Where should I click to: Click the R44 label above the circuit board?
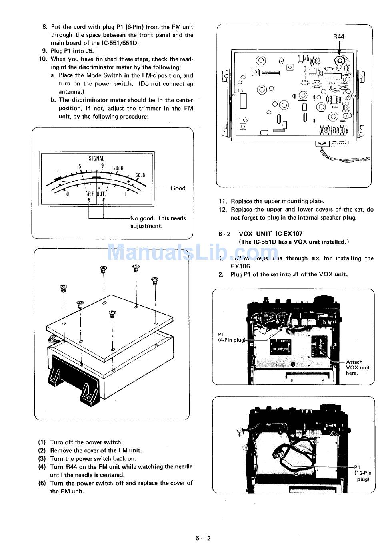(338, 36)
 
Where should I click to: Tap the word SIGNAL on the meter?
(96, 159)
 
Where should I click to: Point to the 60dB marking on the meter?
(140, 175)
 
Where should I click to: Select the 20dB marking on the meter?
(118, 168)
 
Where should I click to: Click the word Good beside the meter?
(178, 188)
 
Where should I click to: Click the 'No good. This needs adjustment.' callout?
(158, 222)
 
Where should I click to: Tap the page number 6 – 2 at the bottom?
(203, 538)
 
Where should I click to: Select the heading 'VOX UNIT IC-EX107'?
(270, 234)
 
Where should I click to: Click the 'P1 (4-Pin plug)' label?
(231, 337)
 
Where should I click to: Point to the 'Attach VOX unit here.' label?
(357, 367)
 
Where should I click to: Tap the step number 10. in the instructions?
(43, 59)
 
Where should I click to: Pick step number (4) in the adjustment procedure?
(42, 467)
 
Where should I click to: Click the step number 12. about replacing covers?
(223, 210)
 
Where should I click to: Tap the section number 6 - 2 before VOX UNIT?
(224, 234)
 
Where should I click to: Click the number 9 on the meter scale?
(102, 166)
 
